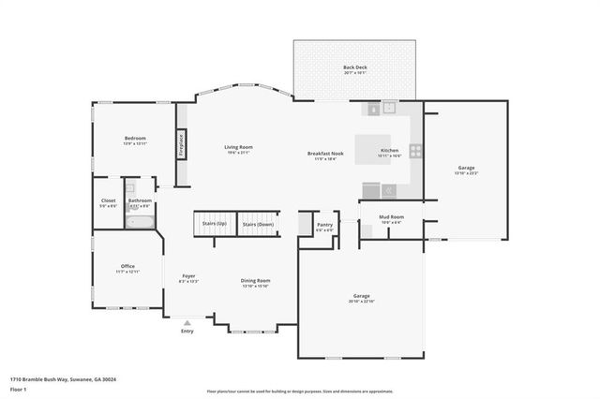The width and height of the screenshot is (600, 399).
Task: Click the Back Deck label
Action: click(x=355, y=67)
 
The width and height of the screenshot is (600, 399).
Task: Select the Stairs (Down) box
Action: click(x=258, y=225)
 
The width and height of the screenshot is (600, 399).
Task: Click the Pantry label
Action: click(x=324, y=225)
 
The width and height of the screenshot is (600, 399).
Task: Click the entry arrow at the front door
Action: click(x=187, y=322)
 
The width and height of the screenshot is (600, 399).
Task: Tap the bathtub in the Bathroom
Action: click(x=140, y=223)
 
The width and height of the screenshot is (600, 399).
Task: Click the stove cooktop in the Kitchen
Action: click(x=414, y=150)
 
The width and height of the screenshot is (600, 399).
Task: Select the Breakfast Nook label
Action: click(x=325, y=154)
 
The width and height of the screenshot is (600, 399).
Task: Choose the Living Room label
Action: click(x=238, y=147)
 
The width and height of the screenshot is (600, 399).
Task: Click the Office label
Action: click(x=127, y=266)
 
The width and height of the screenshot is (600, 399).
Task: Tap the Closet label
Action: click(x=109, y=200)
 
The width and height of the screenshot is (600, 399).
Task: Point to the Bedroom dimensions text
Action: click(x=135, y=144)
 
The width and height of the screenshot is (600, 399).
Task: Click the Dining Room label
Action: click(x=256, y=280)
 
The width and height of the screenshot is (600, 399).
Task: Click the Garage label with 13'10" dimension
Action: click(x=466, y=168)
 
